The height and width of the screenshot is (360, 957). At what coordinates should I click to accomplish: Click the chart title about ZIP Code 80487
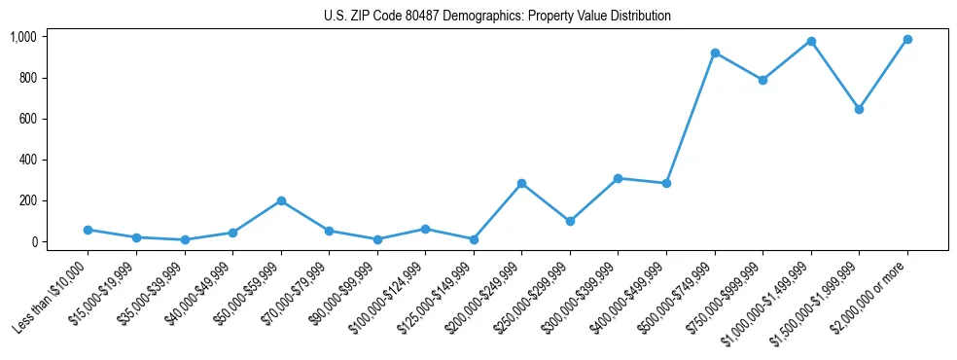(x=497, y=17)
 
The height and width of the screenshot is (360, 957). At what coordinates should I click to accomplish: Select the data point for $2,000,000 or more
(x=907, y=39)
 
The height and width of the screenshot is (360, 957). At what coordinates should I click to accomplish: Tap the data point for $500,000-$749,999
(x=715, y=53)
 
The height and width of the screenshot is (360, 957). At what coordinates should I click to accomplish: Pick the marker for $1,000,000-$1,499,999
(x=811, y=41)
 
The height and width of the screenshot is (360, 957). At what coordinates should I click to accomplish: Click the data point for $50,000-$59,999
(x=281, y=200)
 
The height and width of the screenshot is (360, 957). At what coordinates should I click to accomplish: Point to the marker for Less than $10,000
(x=89, y=230)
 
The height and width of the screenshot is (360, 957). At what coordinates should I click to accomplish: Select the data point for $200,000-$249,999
(x=522, y=183)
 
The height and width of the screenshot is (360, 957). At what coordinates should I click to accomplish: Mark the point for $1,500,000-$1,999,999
(x=859, y=109)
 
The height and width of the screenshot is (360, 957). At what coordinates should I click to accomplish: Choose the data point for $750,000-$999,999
(x=762, y=80)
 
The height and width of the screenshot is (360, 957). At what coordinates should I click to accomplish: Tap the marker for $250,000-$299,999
(x=570, y=221)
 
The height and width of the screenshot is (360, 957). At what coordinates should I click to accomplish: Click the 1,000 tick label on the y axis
(x=23, y=37)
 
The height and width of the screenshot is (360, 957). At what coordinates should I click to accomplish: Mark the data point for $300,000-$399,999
(x=619, y=178)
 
